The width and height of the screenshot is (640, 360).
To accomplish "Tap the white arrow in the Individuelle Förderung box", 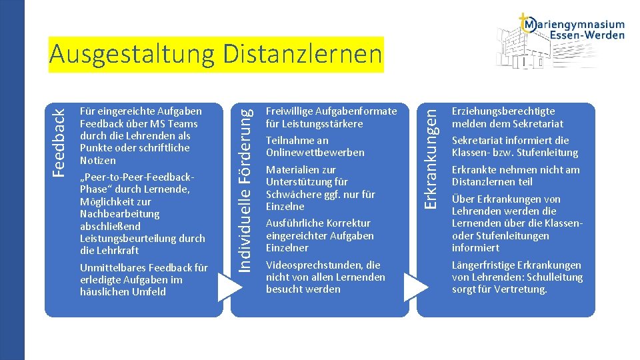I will click(x=416, y=286).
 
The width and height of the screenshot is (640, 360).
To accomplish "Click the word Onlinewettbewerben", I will click(x=315, y=153).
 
